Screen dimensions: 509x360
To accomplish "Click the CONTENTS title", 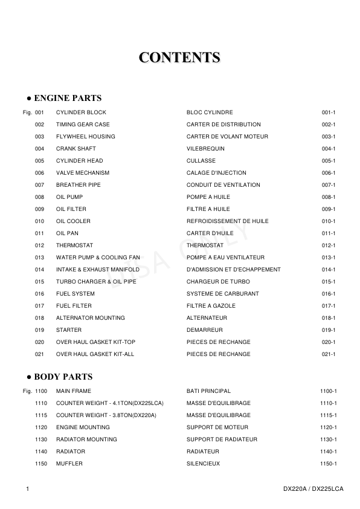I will [179, 57].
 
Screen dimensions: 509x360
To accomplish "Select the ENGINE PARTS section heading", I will [64, 98].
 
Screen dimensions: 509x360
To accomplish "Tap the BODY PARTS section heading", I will [60, 377].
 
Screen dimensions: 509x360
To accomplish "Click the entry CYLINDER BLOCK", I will [81, 112].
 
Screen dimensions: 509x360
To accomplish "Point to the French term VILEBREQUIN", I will [205, 149].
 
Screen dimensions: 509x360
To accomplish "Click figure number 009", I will [39, 209].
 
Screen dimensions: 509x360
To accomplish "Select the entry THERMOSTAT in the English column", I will [76, 245].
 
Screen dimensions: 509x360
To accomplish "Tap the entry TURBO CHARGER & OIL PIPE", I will [94, 282].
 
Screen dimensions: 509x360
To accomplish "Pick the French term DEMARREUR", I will [205, 330].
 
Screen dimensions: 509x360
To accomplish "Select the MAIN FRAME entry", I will [74, 391].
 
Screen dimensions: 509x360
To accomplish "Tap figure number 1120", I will [41, 427].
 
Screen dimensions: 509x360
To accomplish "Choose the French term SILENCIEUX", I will [203, 464].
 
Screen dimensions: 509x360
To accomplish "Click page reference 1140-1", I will [328, 452].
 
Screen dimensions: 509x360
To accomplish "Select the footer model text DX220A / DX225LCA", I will [313, 488].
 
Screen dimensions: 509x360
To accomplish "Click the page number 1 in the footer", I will [28, 488].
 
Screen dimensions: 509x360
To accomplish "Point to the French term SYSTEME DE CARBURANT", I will [222, 294].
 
